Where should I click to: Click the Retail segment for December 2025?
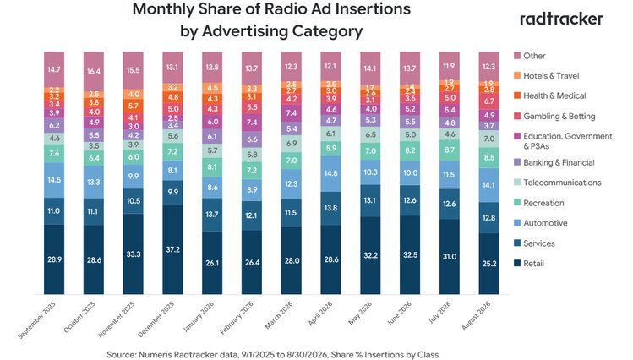[172, 249]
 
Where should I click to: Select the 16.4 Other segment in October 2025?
[93, 72]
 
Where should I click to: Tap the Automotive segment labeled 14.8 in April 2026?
[330, 173]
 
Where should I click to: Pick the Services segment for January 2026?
[212, 215]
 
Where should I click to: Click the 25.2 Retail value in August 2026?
[488, 264]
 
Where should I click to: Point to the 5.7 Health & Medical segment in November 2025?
[133, 106]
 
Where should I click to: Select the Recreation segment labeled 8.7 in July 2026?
[450, 150]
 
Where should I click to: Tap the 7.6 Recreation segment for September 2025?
[54, 154]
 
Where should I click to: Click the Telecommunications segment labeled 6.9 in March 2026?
[291, 144]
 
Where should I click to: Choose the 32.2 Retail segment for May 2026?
[370, 255]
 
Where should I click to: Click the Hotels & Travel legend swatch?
[516, 75]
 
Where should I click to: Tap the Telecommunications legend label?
[562, 183]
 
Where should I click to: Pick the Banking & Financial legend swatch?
[516, 162]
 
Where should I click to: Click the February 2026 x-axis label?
[237, 318]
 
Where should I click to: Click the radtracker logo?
[561, 19]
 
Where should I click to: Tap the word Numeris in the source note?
[154, 355]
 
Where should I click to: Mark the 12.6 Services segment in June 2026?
[410, 200]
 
